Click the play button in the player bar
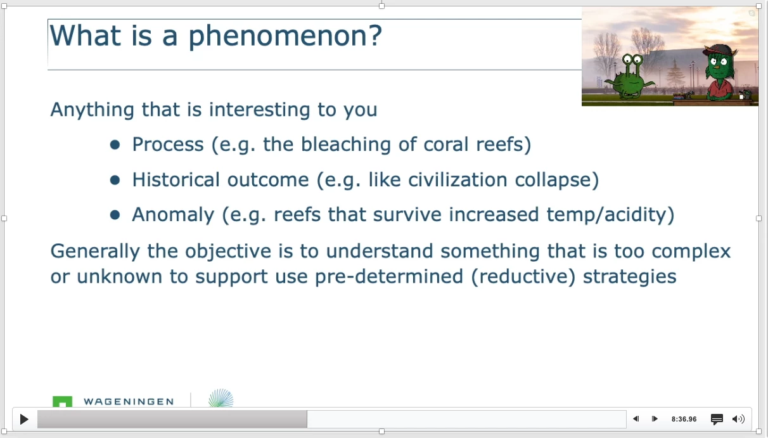coord(24,419)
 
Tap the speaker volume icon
coord(738,419)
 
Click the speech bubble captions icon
coord(717,419)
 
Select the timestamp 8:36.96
coord(684,419)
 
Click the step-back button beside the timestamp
coord(636,419)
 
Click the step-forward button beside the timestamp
coord(655,419)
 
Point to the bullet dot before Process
coord(115,145)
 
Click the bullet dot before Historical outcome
coord(115,180)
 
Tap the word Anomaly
coord(173,216)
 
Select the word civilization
coord(458,180)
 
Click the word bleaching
coord(345,145)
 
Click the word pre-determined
coord(389,277)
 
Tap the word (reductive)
coord(523,277)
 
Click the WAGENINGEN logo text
coord(129,402)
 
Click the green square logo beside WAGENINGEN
coord(62,401)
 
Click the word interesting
coord(259,110)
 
